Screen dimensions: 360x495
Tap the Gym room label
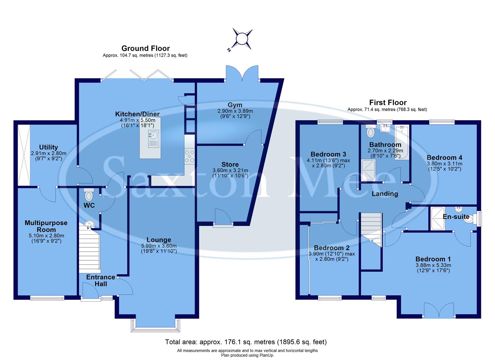[235, 105]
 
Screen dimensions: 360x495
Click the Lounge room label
[159, 240]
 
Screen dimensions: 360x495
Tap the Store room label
[230, 164]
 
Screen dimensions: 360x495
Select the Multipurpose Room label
[46, 226]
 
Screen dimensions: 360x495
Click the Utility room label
[49, 147]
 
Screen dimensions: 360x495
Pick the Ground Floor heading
[145, 48]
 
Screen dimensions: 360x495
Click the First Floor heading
[388, 102]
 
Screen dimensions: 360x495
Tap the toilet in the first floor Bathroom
[370, 132]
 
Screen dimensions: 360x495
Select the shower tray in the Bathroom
[369, 170]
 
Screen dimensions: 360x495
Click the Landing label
[385, 194]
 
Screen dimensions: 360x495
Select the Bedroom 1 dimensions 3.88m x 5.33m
[433, 265]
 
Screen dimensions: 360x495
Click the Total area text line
[246, 342]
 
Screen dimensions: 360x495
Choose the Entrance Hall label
[101, 280]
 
